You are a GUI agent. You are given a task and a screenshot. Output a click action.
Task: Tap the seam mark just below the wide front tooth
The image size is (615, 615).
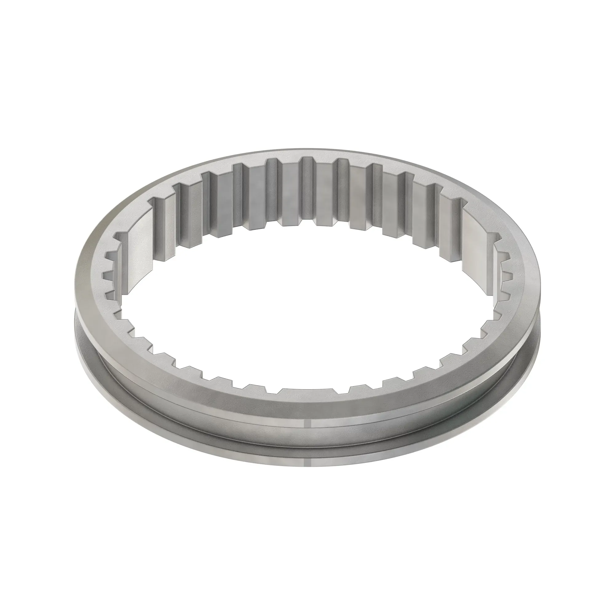(x=306, y=425)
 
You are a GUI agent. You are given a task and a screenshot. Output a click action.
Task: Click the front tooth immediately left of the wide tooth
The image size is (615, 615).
(x=255, y=389)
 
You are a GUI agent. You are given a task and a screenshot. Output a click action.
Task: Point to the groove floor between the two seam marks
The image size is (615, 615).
(x=306, y=442)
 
